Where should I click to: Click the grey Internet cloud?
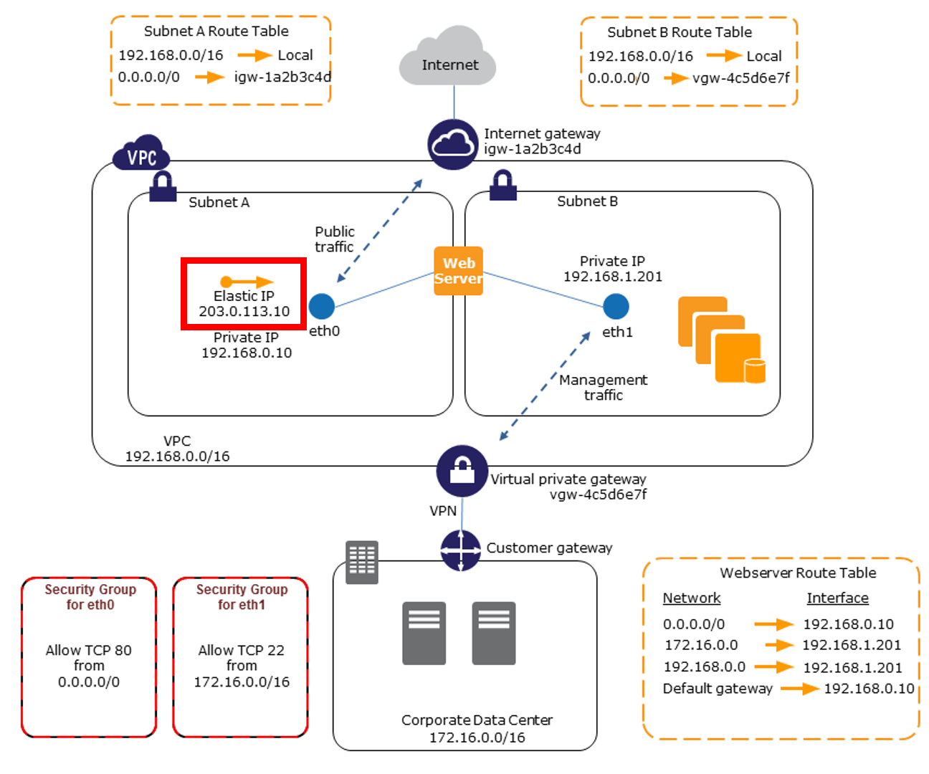[x=449, y=59]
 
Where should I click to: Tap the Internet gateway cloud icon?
[x=452, y=144]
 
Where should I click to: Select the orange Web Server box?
[x=458, y=271]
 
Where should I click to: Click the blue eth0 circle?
[x=322, y=307]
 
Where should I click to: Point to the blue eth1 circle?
[x=616, y=307]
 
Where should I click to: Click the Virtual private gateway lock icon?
[x=462, y=471]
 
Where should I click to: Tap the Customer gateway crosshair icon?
[x=460, y=550]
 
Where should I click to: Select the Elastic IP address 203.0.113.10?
[x=244, y=311]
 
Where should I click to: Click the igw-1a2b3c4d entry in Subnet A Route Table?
[x=282, y=77]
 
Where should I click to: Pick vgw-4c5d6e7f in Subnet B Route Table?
[x=740, y=78]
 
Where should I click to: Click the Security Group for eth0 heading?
[x=90, y=597]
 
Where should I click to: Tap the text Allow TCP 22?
[x=241, y=650]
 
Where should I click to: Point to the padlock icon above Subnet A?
[x=163, y=186]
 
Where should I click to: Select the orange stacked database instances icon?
[x=721, y=340]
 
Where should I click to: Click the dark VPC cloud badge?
[x=141, y=154]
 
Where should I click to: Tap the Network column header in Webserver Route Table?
[x=691, y=598]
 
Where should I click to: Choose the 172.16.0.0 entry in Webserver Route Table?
[x=700, y=645]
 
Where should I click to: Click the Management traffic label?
[x=603, y=387]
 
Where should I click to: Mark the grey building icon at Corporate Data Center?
[x=362, y=562]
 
